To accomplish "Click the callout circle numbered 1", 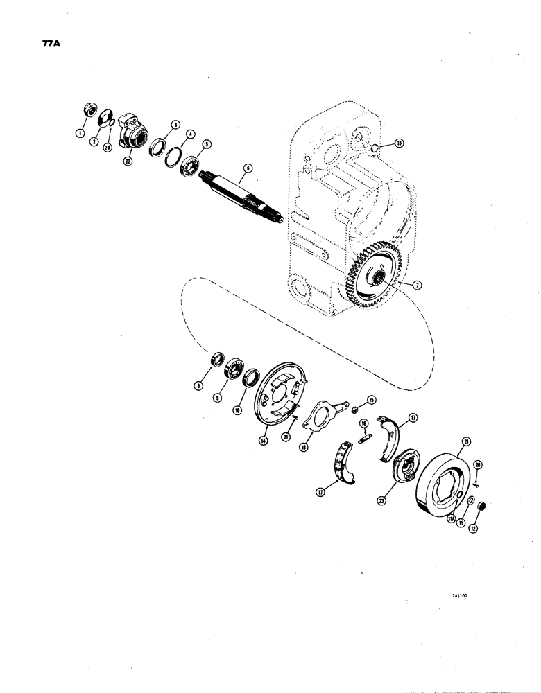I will (80, 132).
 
